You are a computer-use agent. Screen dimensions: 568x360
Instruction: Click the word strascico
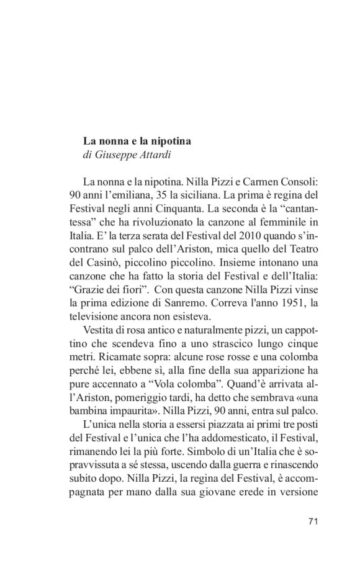(218, 343)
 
